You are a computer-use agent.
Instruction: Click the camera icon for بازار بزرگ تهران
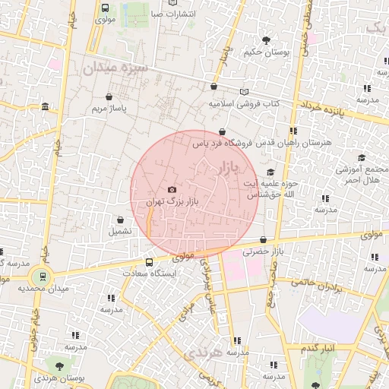click(172, 190)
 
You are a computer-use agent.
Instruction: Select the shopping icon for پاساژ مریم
click(109, 97)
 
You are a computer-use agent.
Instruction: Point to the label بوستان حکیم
click(266, 52)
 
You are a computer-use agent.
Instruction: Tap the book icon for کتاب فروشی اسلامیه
click(244, 92)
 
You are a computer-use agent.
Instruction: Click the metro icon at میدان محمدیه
click(43, 277)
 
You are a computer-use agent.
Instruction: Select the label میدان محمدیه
click(43, 289)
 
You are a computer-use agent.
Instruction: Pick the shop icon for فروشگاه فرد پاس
click(221, 131)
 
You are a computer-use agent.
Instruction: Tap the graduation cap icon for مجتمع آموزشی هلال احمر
click(362, 158)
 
